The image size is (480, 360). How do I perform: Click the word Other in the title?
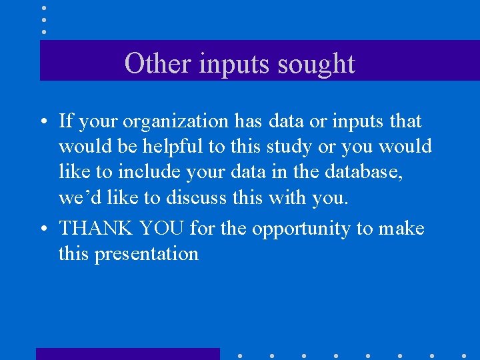tap(149, 64)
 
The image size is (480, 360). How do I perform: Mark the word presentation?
tap(147, 255)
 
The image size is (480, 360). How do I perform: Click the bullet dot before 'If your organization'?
tap(42, 122)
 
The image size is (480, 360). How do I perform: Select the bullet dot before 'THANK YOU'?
tap(42, 230)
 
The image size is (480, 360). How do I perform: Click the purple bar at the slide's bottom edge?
tap(127, 354)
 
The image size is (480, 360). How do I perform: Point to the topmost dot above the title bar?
tap(43, 7)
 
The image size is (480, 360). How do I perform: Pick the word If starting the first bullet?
tap(66, 121)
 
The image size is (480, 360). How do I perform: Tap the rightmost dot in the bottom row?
tap(463, 355)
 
